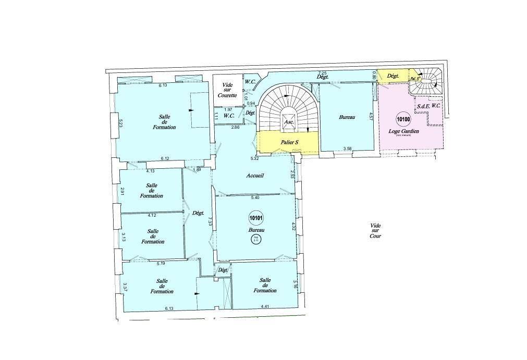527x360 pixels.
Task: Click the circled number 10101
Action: pos(255,219)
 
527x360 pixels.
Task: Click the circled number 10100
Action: pos(403,119)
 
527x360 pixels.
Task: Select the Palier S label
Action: pos(289,142)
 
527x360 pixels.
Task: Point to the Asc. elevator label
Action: pos(289,122)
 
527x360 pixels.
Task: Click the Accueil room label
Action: pos(255,176)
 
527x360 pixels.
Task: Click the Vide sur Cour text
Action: pos(375,231)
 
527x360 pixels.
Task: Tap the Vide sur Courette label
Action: pos(228,90)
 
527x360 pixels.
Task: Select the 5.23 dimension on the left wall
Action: pos(120,123)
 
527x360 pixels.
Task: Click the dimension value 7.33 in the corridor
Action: pos(210,221)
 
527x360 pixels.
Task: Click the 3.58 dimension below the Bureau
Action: pos(348,150)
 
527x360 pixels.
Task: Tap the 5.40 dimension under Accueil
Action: pos(255,198)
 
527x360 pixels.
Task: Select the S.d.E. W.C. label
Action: pos(428,106)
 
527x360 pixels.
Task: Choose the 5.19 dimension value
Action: pos(161,264)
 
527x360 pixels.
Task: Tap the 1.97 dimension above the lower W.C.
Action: pos(228,109)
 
